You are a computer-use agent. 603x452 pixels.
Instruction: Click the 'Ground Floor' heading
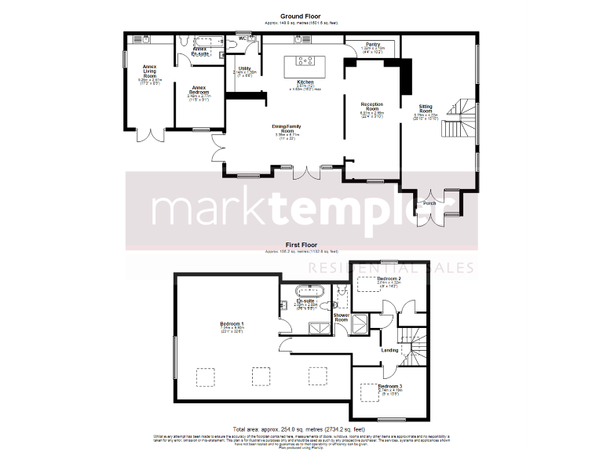coord(301,15)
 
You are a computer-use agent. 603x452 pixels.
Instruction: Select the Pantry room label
coord(372,45)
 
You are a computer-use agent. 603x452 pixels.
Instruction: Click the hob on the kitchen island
coord(305,60)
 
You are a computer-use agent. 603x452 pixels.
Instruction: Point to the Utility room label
coord(244,69)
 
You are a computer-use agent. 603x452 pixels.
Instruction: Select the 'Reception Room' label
coord(371,107)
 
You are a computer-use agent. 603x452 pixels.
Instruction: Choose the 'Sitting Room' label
coord(424,113)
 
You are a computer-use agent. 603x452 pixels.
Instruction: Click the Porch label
coord(429,203)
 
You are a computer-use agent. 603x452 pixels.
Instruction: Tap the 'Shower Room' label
coord(342,317)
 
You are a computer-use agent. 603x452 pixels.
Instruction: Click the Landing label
coord(389,350)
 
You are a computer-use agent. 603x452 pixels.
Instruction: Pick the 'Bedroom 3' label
coord(389,387)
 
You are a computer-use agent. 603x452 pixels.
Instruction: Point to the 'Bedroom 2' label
coord(389,279)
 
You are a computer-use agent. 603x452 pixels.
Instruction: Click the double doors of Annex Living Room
coord(148,133)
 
